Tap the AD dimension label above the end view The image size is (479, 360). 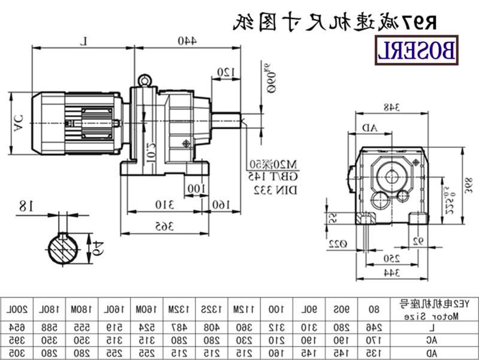click(x=369, y=128)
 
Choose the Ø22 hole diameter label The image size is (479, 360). click(x=339, y=243)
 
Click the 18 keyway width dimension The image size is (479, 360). click(x=25, y=207)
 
